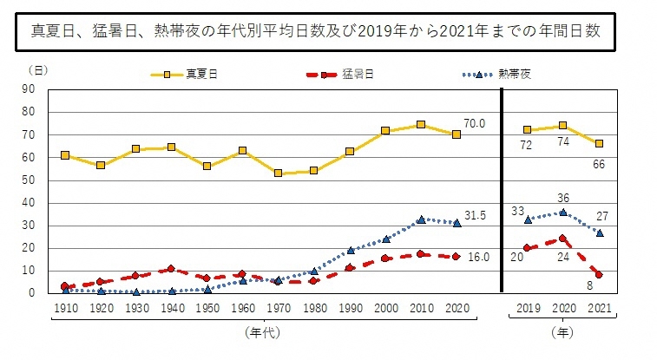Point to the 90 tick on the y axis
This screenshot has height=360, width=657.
[x=29, y=88]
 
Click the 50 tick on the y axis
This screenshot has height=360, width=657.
[x=29, y=180]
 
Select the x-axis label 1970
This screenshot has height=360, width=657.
[x=279, y=308]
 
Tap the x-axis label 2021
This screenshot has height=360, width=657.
[x=599, y=308]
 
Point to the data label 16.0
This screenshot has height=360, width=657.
[x=479, y=258]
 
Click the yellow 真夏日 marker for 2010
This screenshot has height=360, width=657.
[x=421, y=124]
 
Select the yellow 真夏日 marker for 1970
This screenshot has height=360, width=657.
[x=279, y=173]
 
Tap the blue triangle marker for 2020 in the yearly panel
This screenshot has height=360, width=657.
[x=563, y=212]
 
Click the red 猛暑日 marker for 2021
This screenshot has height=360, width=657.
[x=599, y=275]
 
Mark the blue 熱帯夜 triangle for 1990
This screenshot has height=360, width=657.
[x=350, y=250]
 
